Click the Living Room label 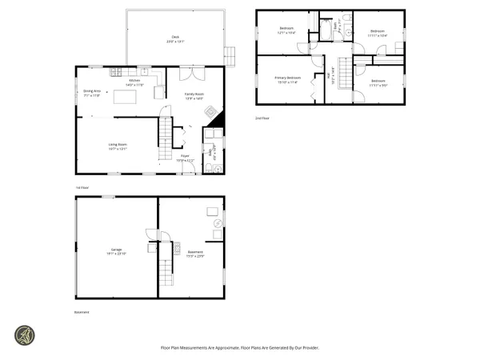pos(118,146)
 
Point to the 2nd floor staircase pos(345,78)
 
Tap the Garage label pos(117,250)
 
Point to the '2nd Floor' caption pos(262,118)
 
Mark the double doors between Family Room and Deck pos(188,75)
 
